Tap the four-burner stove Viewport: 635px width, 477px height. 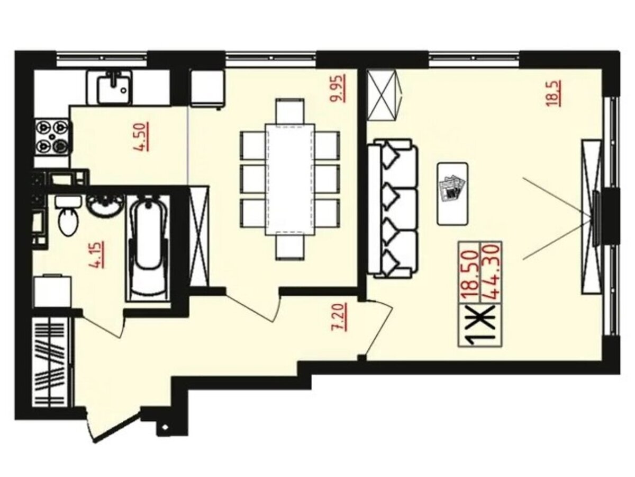52,136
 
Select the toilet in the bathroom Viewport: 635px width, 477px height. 68,215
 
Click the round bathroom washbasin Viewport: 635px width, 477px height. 105,205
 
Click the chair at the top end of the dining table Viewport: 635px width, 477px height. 290,111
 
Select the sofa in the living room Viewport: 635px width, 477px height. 393,208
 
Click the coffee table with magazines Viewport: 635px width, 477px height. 453,194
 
